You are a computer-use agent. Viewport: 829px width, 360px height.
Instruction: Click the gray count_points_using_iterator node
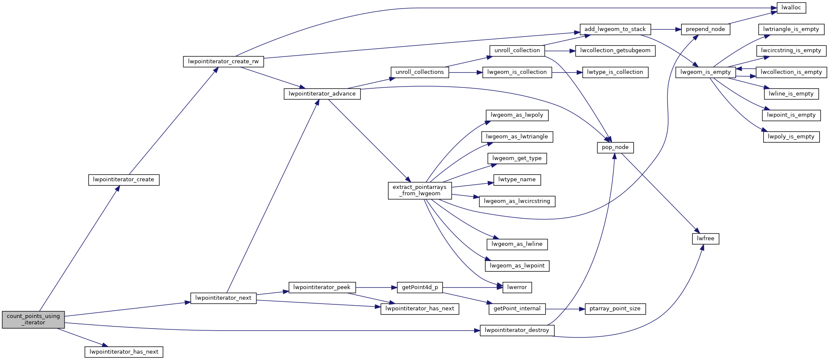pyautogui.click(x=33, y=319)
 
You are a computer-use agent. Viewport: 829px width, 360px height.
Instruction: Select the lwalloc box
pyautogui.click(x=791, y=8)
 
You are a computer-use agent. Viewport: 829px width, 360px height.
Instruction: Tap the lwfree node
pyautogui.click(x=705, y=239)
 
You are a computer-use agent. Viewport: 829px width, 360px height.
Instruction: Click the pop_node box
pyautogui.click(x=615, y=147)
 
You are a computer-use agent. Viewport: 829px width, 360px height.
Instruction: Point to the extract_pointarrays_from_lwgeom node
pyautogui.click(x=419, y=190)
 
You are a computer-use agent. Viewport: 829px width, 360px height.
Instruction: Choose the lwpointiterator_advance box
pyautogui.click(x=322, y=94)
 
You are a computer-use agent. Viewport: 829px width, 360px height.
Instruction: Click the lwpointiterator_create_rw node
pyautogui.click(x=223, y=62)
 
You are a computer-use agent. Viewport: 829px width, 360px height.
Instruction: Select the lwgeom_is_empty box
pyautogui.click(x=705, y=72)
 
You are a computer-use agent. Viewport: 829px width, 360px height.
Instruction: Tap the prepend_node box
pyautogui.click(x=705, y=29)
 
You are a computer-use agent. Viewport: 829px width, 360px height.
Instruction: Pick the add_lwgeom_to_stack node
pyautogui.click(x=615, y=29)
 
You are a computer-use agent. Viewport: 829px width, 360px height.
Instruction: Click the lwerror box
pyautogui.click(x=517, y=287)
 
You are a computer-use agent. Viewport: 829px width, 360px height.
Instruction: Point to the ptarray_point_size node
pyautogui.click(x=615, y=309)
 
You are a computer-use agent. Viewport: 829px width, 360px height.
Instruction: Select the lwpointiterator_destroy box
pyautogui.click(x=517, y=330)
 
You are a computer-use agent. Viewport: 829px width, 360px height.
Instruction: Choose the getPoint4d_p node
pyautogui.click(x=419, y=287)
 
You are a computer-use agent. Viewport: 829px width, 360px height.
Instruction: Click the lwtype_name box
pyautogui.click(x=517, y=180)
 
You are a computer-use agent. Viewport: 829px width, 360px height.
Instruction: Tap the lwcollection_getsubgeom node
pyautogui.click(x=615, y=51)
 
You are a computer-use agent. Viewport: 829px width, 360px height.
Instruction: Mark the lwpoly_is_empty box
pyautogui.click(x=791, y=137)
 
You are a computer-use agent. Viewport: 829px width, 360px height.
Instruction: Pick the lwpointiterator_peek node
pyautogui.click(x=322, y=287)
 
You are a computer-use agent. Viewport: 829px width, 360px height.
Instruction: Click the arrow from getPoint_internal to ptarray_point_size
pyautogui.click(x=565, y=309)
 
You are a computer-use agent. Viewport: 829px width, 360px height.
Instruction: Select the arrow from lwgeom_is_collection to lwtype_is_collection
pyautogui.click(x=567, y=73)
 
